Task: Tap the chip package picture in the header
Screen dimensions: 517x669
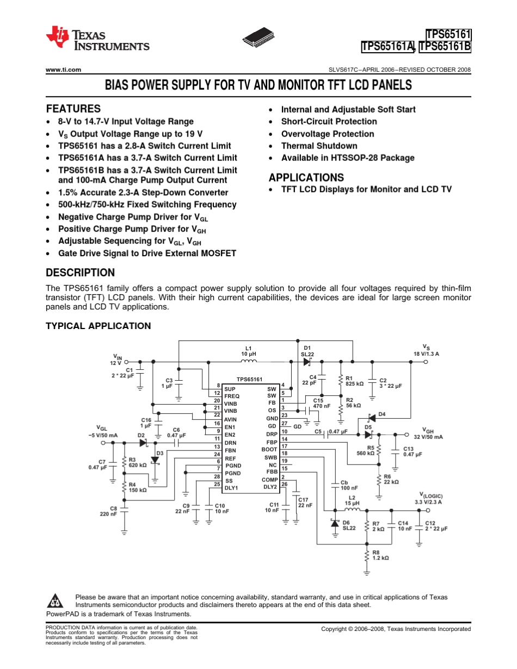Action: click(258, 37)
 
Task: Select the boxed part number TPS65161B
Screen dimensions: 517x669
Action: click(445, 46)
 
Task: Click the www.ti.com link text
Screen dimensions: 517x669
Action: click(64, 70)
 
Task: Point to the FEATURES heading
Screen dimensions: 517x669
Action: click(73, 109)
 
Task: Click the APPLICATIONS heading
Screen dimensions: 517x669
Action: click(306, 177)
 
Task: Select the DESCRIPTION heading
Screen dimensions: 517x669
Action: click(81, 272)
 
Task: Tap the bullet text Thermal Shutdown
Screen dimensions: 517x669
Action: click(319, 146)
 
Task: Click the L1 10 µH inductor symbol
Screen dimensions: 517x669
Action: click(249, 362)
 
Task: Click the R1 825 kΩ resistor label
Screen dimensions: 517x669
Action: click(354, 381)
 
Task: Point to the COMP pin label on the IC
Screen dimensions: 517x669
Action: click(270, 480)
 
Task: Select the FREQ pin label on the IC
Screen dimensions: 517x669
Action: click(232, 396)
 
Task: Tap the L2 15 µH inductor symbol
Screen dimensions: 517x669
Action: click(352, 510)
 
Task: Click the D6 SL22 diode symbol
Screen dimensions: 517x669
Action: click(335, 523)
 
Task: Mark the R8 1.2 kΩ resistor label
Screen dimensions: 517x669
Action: click(380, 555)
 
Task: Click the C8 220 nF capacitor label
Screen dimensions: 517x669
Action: click(108, 511)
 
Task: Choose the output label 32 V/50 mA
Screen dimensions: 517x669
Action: click(428, 437)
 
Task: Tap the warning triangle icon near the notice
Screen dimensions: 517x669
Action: click(56, 601)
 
